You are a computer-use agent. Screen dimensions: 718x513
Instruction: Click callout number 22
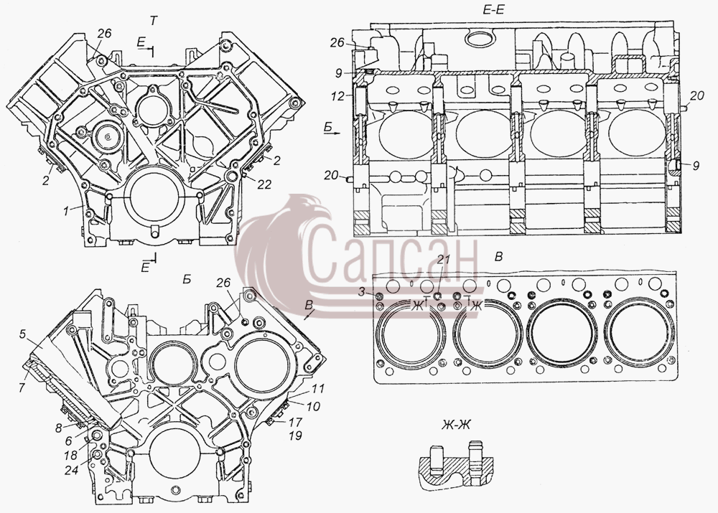(x=265, y=184)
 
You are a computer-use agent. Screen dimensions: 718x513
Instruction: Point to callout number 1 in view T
(x=66, y=211)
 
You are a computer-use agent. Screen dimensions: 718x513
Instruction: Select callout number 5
(x=22, y=334)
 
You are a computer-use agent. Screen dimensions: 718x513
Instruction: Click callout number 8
(x=59, y=429)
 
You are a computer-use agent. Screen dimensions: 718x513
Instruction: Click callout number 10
(x=314, y=405)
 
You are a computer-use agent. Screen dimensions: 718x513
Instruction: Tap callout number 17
(x=296, y=420)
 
